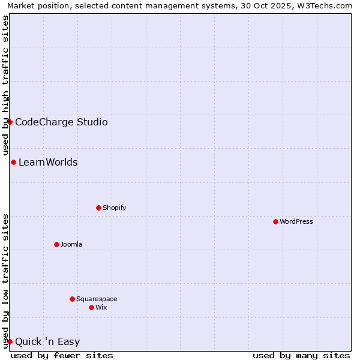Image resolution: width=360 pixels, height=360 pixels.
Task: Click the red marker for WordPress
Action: pyautogui.click(x=275, y=221)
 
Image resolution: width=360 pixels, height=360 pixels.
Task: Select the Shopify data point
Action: pyautogui.click(x=98, y=208)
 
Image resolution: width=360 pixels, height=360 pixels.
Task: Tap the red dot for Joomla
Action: pyautogui.click(x=56, y=244)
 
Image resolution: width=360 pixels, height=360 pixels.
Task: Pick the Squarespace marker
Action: pyautogui.click(x=72, y=299)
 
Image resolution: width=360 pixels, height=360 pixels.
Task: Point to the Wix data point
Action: pyautogui.click(x=91, y=307)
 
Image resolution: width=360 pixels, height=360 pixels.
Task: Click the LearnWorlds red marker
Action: pyautogui.click(x=13, y=162)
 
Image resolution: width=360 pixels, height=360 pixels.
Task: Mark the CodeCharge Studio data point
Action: pyautogui.click(x=10, y=122)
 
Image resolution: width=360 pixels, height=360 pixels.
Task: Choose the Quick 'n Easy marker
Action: pyautogui.click(x=10, y=341)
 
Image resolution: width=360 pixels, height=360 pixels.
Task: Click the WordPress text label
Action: pyautogui.click(x=296, y=221)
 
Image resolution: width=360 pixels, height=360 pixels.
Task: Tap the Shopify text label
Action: pyautogui.click(x=115, y=208)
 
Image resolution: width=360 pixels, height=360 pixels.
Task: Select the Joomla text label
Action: pyautogui.click(x=71, y=244)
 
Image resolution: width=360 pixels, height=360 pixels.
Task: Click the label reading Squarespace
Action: pyautogui.click(x=97, y=299)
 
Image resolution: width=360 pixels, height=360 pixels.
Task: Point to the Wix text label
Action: pyautogui.click(x=101, y=307)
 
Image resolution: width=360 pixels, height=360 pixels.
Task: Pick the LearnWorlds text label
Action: pyautogui.click(x=48, y=162)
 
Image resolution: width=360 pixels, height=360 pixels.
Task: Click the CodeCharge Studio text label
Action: pyautogui.click(x=61, y=122)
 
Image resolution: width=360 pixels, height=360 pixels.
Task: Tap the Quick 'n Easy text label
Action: pyautogui.click(x=47, y=342)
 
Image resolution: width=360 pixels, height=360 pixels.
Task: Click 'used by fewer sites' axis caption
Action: pyautogui.click(x=62, y=355)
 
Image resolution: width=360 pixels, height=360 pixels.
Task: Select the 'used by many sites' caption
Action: pyautogui.click(x=301, y=355)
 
